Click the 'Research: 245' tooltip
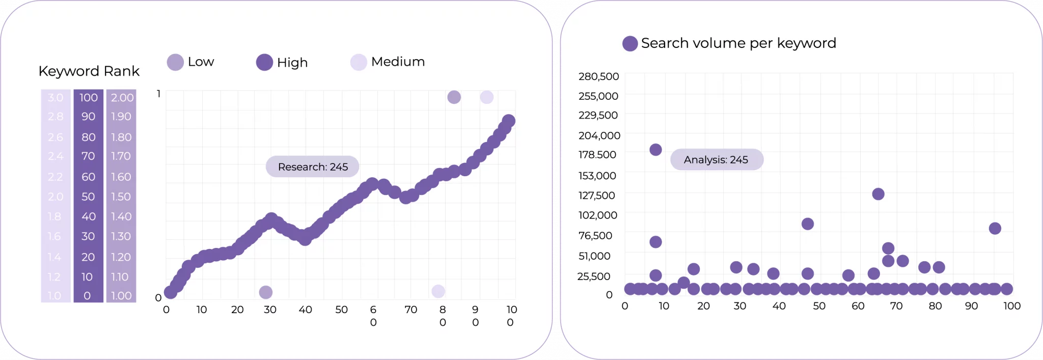click(x=312, y=167)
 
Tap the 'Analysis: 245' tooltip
click(x=716, y=159)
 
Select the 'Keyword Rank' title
click(x=89, y=71)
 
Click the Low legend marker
click(x=175, y=62)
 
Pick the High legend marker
click(x=264, y=63)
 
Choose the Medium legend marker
click(x=359, y=62)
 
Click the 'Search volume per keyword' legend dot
click(x=630, y=43)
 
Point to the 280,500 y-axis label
click(x=598, y=76)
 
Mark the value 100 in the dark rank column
click(x=88, y=97)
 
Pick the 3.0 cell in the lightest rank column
click(x=56, y=97)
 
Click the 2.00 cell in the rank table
click(x=122, y=97)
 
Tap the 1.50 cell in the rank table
click(x=121, y=197)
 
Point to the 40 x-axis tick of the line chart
click(x=305, y=310)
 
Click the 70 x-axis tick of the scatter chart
click(x=896, y=306)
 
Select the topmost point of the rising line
click(x=508, y=121)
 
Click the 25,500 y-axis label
click(x=593, y=276)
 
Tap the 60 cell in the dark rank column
click(x=88, y=177)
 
